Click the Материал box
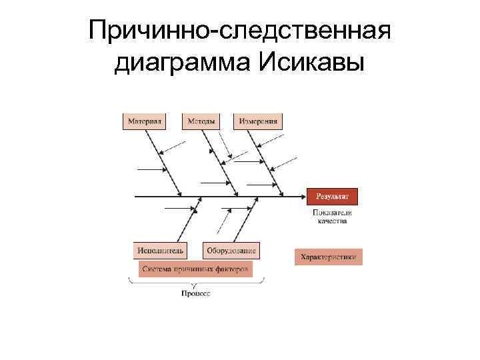point(144,121)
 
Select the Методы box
point(201,121)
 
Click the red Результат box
point(332,196)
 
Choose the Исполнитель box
point(160,250)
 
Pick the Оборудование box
point(231,250)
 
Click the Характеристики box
point(329,257)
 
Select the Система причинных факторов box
point(195,269)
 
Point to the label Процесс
point(196,293)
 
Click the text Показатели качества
point(332,216)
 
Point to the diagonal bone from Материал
point(163,160)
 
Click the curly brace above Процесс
point(195,283)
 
